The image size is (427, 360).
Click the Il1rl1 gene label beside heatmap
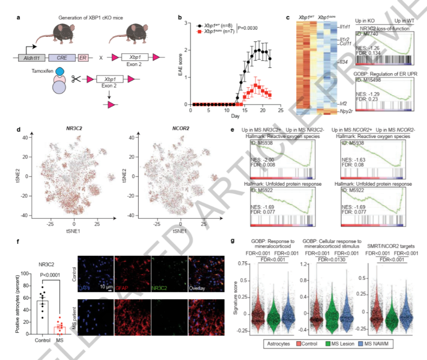[x=346, y=27]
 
